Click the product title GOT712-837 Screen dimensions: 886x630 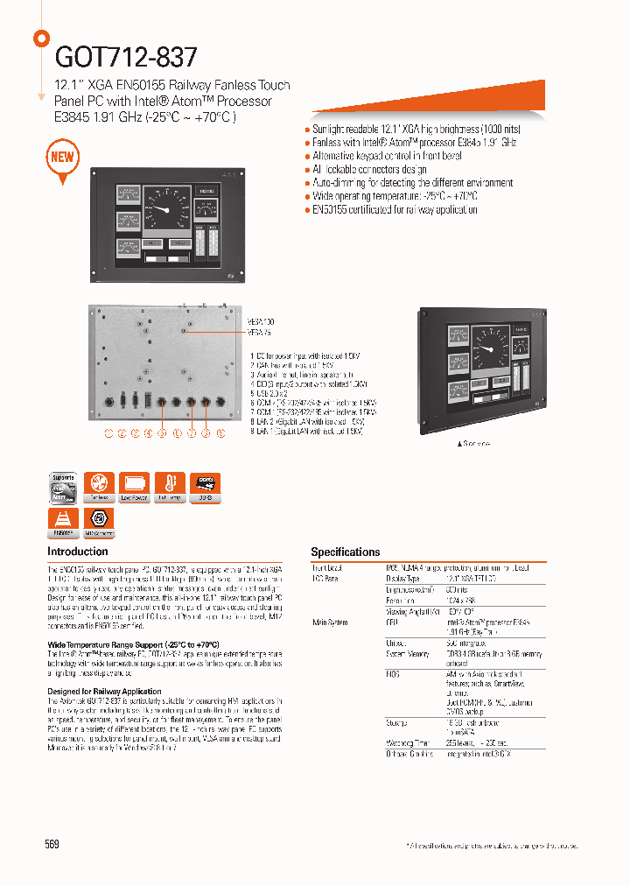click(x=127, y=57)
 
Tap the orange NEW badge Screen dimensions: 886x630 click(x=63, y=158)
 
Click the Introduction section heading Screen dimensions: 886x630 click(x=78, y=552)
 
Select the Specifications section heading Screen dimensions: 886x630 click(x=346, y=552)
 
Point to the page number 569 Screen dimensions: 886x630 click(x=52, y=844)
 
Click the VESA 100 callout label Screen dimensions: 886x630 click(x=262, y=322)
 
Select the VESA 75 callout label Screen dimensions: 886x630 click(x=261, y=333)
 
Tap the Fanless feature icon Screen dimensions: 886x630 click(x=100, y=487)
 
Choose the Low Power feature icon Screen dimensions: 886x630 click(x=134, y=487)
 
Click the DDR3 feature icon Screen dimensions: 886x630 click(x=205, y=487)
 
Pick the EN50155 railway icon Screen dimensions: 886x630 click(x=63, y=522)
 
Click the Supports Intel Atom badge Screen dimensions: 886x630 click(x=63, y=487)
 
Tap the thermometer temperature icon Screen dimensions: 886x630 click(x=169, y=487)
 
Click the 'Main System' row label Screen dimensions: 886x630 click(x=329, y=622)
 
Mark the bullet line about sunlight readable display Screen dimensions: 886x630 click(x=414, y=129)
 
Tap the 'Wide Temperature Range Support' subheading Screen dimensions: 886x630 click(x=132, y=643)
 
